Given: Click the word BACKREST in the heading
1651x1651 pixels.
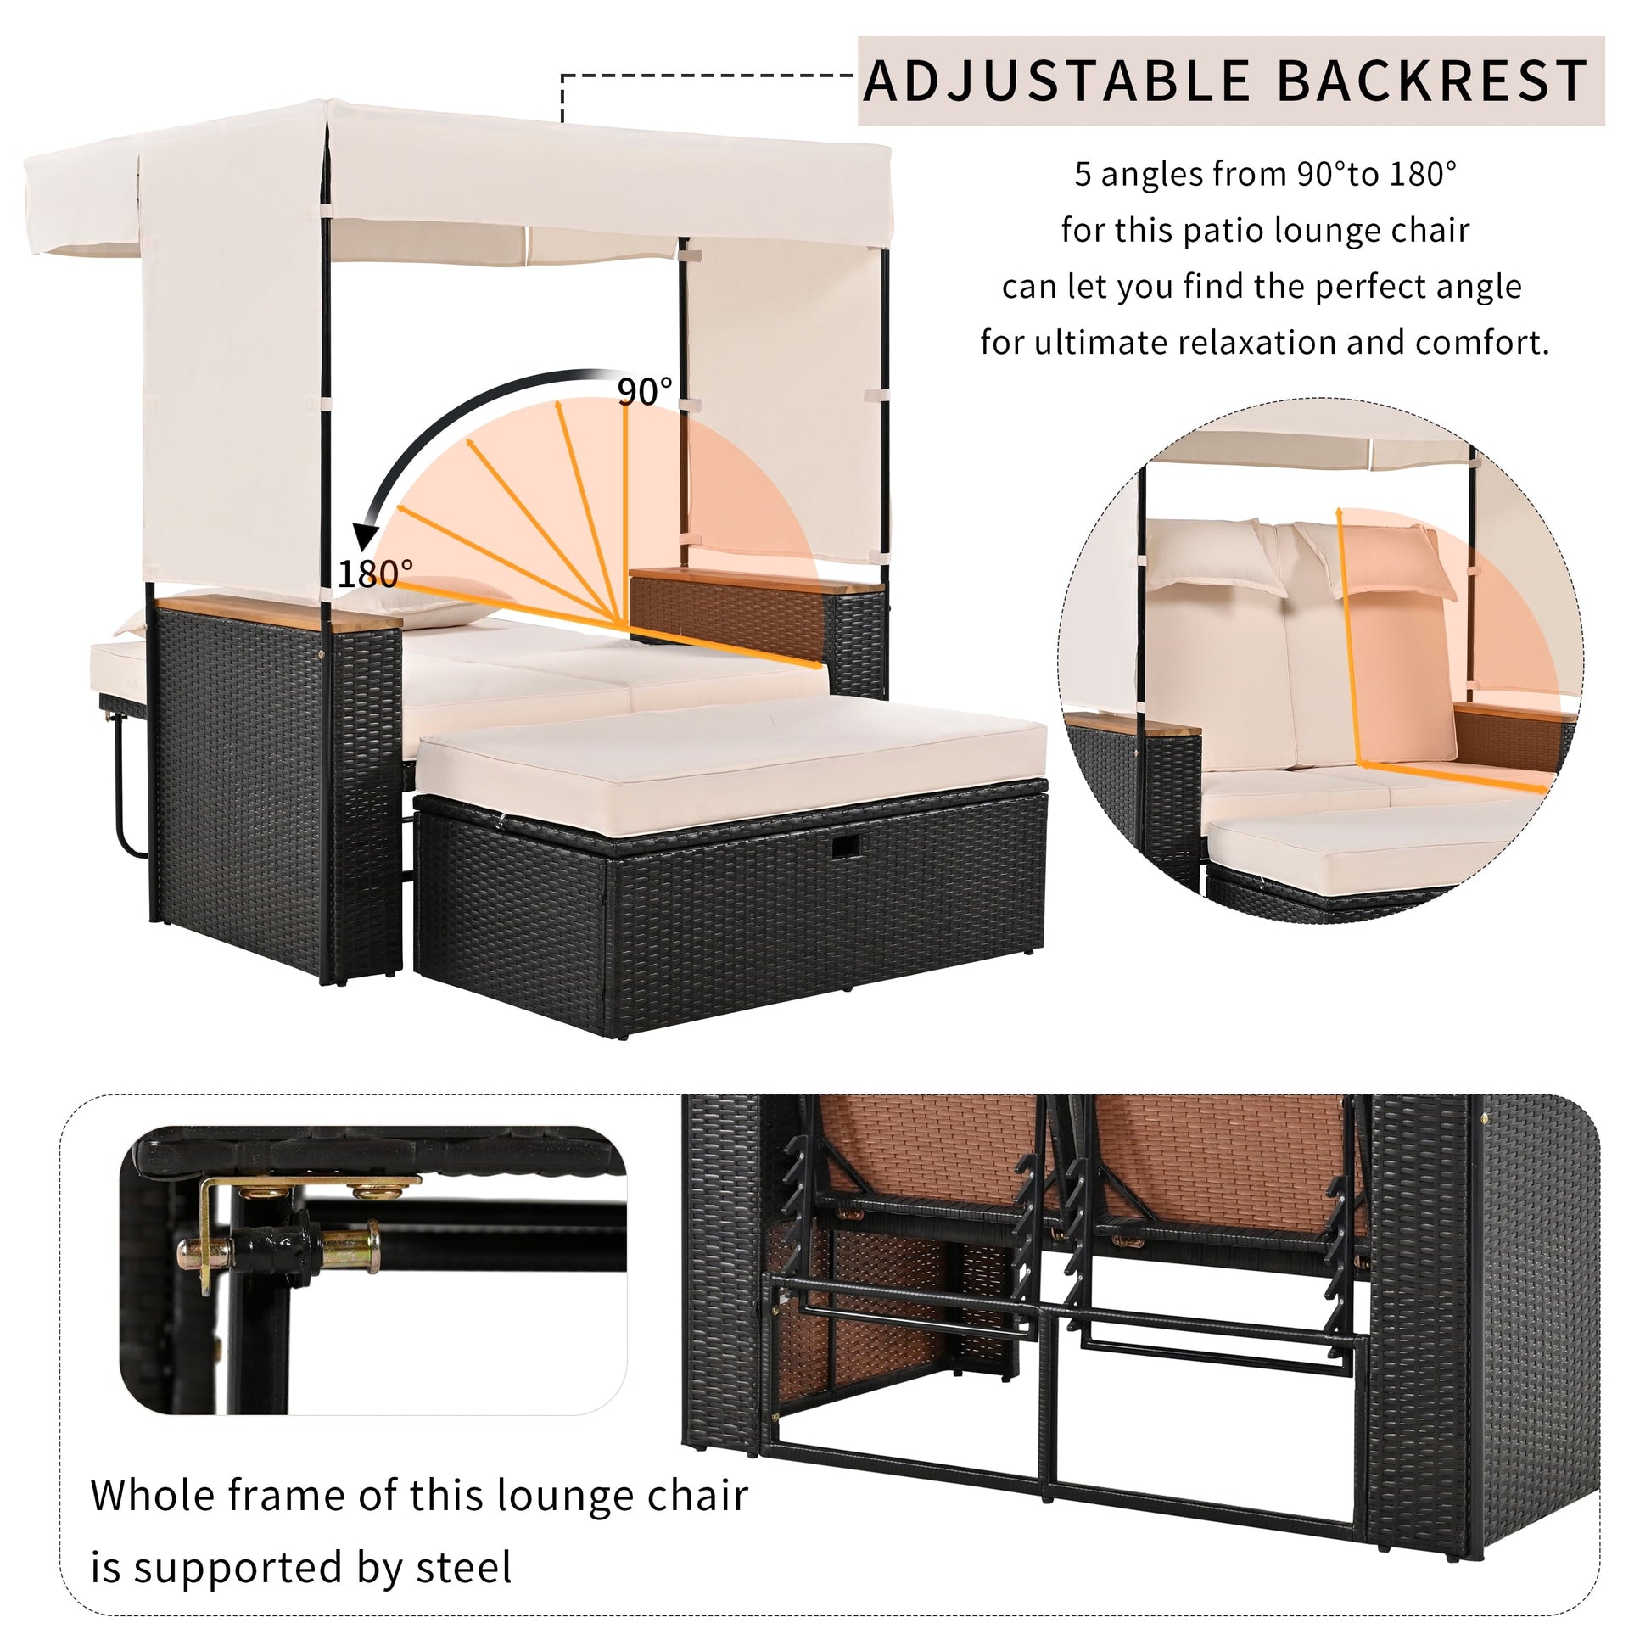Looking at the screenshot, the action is [x=1432, y=81].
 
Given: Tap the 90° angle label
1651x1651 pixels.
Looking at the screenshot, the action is [x=645, y=391].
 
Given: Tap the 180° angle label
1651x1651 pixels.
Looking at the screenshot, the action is [x=376, y=574].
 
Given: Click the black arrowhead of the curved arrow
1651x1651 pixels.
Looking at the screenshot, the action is [x=368, y=535].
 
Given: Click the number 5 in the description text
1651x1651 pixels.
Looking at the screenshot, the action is [x=1083, y=174].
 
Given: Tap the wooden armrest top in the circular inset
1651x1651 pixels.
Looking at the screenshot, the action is [x=1132, y=725].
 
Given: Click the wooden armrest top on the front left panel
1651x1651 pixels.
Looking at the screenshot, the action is [x=277, y=613].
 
